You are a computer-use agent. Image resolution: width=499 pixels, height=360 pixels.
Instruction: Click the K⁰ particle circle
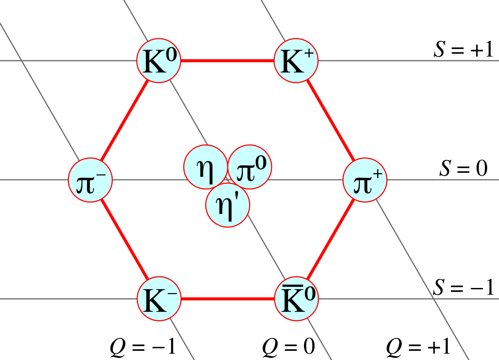pyautogui.click(x=158, y=61)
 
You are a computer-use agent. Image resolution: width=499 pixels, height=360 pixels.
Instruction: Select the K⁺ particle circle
pyautogui.click(x=296, y=61)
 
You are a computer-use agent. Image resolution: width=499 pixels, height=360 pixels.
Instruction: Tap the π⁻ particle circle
pyautogui.click(x=90, y=180)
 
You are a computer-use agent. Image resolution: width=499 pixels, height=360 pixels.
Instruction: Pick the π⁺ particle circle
pyautogui.click(x=365, y=180)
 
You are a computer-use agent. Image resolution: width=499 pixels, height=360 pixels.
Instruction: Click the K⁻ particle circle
pyautogui.click(x=159, y=299)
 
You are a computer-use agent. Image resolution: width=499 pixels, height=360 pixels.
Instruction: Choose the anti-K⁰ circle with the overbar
pyautogui.click(x=296, y=299)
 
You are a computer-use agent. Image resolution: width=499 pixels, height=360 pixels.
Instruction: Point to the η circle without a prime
pyautogui.click(x=205, y=167)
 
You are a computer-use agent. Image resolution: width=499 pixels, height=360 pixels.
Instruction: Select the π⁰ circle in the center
pyautogui.click(x=250, y=167)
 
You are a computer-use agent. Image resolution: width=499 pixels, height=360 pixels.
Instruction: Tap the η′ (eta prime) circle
pyautogui.click(x=228, y=205)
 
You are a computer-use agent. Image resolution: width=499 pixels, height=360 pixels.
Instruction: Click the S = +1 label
pyautogui.click(x=463, y=50)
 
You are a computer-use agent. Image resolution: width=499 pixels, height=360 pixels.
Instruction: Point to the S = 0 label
pyautogui.click(x=463, y=168)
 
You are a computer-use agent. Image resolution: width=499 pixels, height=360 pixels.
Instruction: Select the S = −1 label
pyautogui.click(x=463, y=287)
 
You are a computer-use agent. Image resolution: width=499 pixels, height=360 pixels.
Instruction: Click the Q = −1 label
pyautogui.click(x=143, y=346)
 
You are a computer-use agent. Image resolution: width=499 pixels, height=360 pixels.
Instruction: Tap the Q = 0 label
pyautogui.click(x=289, y=346)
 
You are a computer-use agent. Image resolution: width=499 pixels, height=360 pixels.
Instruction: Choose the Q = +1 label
pyautogui.click(x=418, y=346)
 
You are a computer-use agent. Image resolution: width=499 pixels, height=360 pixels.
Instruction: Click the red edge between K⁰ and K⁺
pyautogui.click(x=227, y=61)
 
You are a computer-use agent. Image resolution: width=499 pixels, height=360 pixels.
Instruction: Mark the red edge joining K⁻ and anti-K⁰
pyautogui.click(x=228, y=299)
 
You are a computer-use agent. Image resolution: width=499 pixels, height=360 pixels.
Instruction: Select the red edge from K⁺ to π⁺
pyautogui.click(x=331, y=120)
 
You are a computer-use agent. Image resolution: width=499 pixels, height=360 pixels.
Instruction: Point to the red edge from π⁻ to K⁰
pyautogui.click(x=124, y=120)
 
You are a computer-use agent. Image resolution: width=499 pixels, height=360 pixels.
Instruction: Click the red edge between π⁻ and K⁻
pyautogui.click(x=124, y=239)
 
